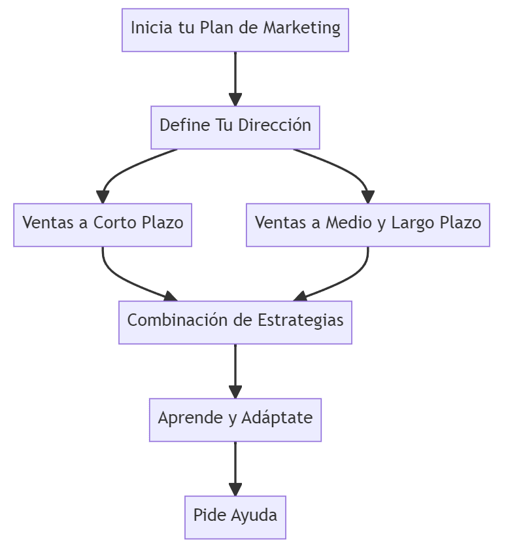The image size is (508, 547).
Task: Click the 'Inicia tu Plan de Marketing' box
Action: [235, 29]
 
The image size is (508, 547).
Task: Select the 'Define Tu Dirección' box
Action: [235, 127]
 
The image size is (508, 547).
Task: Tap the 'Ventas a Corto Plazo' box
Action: [103, 224]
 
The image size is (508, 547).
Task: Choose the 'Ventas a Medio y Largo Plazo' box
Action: [368, 224]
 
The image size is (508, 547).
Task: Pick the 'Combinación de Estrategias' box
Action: [235, 322]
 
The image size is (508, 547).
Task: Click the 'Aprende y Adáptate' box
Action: [235, 419]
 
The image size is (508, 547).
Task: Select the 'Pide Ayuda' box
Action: [235, 517]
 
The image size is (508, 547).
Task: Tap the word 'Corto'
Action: [115, 224]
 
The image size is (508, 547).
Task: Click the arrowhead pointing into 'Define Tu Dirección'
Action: [235, 99]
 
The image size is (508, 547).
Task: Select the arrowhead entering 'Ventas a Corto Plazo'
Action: [103, 197]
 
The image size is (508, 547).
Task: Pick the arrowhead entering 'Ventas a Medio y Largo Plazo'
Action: [368, 197]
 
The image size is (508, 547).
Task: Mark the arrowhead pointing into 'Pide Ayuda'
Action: [235, 489]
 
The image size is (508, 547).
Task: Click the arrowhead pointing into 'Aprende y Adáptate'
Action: [235, 392]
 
